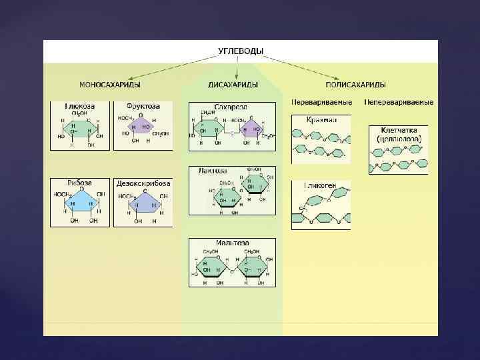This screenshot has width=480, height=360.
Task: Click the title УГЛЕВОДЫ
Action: coord(240,51)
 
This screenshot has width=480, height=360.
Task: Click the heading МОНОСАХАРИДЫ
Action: coord(109,85)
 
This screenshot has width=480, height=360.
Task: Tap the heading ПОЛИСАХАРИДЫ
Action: coord(355,85)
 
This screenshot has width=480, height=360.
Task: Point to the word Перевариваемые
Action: coord(320,103)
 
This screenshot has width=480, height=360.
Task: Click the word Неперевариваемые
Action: coord(399,103)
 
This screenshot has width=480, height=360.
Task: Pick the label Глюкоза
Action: coord(80,106)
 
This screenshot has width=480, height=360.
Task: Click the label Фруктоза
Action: coord(143,106)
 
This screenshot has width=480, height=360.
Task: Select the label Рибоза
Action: coord(79,183)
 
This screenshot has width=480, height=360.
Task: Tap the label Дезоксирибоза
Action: coord(143,183)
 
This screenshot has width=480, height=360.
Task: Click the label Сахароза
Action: coord(231,107)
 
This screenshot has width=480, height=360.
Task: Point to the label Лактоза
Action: coord(213,171)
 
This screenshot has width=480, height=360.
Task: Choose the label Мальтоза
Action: coord(232,243)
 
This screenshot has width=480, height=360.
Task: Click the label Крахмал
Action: coord(321,119)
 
